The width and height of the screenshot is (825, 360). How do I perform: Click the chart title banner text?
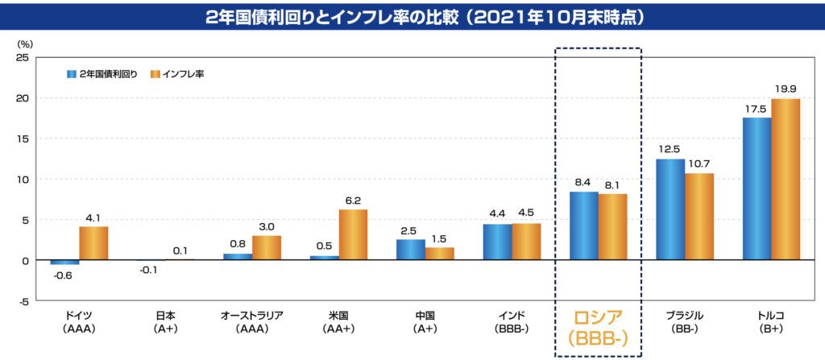(x=412, y=16)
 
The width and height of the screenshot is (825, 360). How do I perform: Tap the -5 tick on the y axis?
(x=24, y=301)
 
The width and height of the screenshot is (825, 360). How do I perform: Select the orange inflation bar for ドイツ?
(x=93, y=243)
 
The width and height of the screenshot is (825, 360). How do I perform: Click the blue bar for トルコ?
(x=757, y=188)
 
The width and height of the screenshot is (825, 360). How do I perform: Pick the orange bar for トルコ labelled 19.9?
(x=786, y=179)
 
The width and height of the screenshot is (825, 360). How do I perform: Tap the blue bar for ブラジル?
(x=670, y=209)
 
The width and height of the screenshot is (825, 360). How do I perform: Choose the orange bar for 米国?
(x=353, y=234)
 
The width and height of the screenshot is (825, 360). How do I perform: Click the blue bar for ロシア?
(x=583, y=226)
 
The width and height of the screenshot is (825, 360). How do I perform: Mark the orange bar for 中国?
(x=440, y=254)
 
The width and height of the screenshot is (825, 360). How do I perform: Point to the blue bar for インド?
(x=497, y=242)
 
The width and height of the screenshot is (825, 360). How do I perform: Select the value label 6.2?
(x=354, y=201)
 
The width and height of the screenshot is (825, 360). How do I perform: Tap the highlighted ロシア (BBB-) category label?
(x=597, y=325)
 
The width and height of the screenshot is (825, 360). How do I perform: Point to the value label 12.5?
(x=670, y=150)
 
